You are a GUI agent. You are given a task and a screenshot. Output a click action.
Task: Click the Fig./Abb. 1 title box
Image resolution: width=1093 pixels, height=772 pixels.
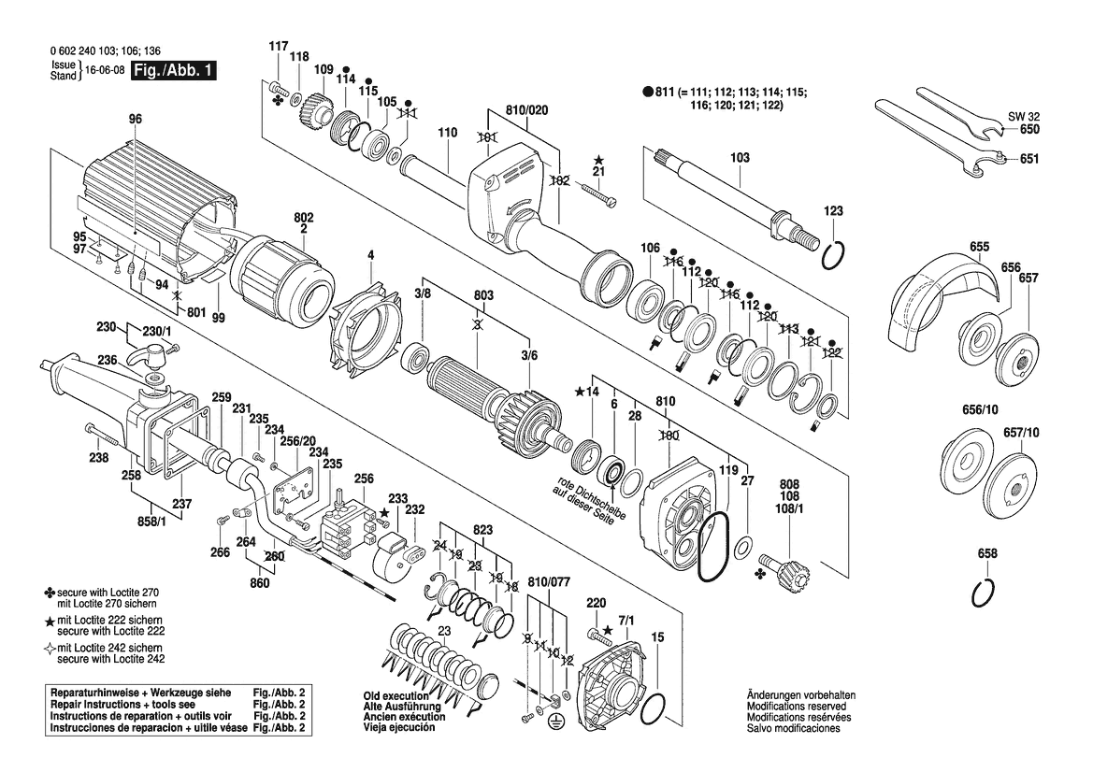coord(174,70)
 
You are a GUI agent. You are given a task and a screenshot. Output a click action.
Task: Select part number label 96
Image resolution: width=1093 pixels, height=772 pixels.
coord(136,119)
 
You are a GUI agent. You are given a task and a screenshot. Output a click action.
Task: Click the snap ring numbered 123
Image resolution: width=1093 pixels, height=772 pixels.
coord(834,255)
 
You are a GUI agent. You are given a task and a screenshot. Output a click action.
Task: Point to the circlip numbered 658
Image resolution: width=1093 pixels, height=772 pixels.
coord(984,593)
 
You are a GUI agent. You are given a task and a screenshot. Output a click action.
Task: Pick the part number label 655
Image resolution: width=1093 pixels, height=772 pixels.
coord(979,247)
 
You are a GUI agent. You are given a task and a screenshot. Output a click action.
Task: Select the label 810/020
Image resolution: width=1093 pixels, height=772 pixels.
coord(527,110)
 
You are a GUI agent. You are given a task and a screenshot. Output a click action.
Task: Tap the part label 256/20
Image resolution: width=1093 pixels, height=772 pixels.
coord(298,440)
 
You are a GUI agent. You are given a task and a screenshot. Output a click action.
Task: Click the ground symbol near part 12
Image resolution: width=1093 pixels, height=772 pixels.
coord(556,718)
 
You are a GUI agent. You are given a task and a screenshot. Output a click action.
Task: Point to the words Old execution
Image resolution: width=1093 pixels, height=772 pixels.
coord(395,695)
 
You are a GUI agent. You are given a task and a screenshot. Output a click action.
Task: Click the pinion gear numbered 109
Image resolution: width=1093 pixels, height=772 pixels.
coord(317,111)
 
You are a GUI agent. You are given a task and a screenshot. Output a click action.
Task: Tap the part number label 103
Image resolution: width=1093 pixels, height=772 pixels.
coord(740,157)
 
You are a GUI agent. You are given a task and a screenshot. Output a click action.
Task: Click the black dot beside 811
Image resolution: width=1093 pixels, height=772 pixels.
coord(648,92)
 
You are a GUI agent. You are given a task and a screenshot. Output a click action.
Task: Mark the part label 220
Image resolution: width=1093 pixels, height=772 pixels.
coord(596,603)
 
